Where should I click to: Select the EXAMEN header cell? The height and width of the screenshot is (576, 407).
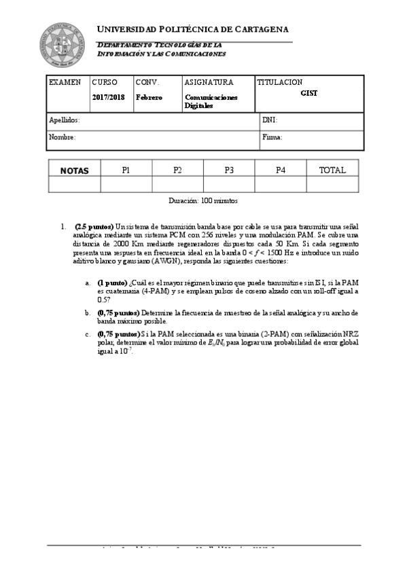65,82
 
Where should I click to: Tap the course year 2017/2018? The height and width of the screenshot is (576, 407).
109,97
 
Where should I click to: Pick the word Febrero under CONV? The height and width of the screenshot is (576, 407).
149,97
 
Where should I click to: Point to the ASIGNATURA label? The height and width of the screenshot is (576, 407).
209,82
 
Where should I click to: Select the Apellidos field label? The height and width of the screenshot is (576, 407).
65,120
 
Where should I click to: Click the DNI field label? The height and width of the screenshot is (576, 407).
269,120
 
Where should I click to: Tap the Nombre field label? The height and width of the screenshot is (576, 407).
63,137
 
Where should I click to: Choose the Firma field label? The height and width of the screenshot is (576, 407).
272,137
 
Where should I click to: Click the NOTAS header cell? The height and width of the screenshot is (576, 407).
75,170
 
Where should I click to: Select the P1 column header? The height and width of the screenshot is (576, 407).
126,170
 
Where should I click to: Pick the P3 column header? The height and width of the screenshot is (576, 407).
229,170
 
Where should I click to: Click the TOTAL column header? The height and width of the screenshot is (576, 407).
332,170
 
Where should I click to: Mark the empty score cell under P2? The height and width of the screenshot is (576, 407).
177,184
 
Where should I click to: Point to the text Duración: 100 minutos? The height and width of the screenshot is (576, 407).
203,201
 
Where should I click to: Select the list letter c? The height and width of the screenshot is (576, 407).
87,334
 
